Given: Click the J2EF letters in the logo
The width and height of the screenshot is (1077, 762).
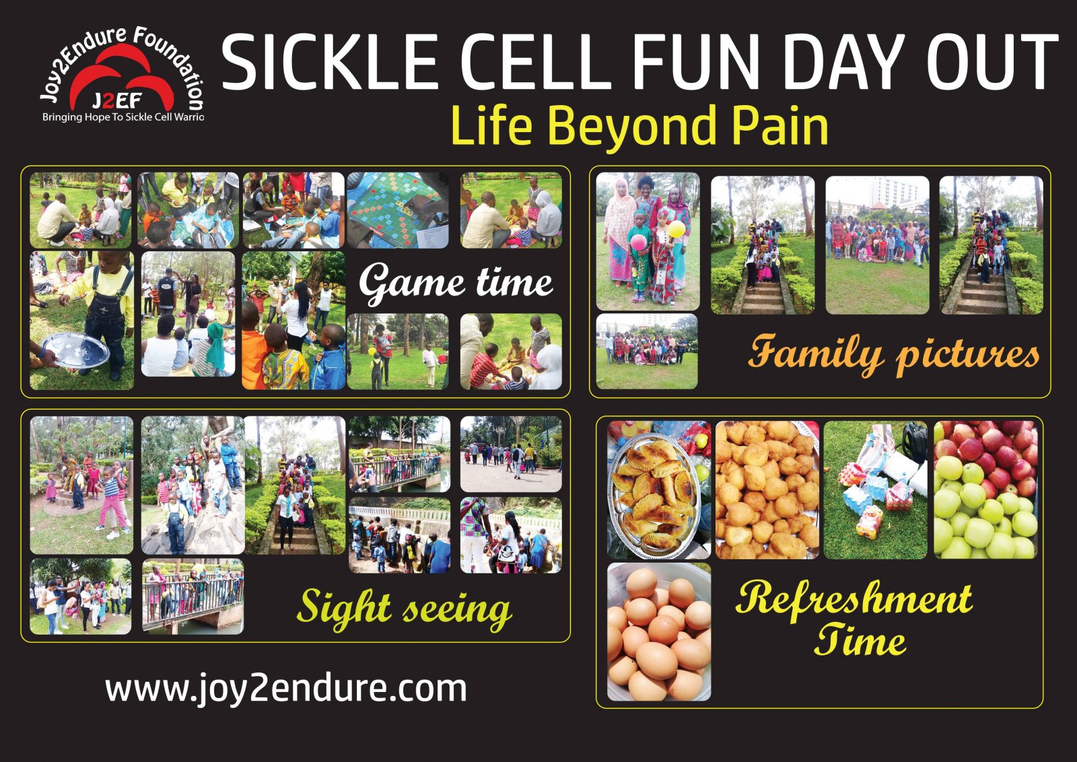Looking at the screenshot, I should (x=116, y=102).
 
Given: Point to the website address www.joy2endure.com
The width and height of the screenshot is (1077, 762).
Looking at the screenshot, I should (x=285, y=689).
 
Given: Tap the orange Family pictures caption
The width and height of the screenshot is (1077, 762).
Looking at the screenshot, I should (x=894, y=353).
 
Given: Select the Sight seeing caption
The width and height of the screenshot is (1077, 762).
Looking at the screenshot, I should (x=404, y=608).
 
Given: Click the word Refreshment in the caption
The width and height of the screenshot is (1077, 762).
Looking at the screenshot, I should (x=854, y=598).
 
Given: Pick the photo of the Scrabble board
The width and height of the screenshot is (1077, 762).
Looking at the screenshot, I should (x=398, y=210).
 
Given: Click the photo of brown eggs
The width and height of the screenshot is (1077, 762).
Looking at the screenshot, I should (x=658, y=632).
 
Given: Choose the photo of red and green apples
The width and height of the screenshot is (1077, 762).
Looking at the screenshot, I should (x=985, y=490).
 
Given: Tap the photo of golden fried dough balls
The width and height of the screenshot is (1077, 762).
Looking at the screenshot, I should (x=767, y=490).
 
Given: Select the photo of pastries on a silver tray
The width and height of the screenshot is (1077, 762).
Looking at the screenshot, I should (x=658, y=490).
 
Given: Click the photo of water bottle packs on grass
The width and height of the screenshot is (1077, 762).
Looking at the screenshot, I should (x=876, y=490).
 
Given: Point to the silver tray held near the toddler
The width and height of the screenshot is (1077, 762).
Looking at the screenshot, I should (x=75, y=351).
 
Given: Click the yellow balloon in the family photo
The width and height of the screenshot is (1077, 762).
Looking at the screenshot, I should (x=676, y=229).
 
